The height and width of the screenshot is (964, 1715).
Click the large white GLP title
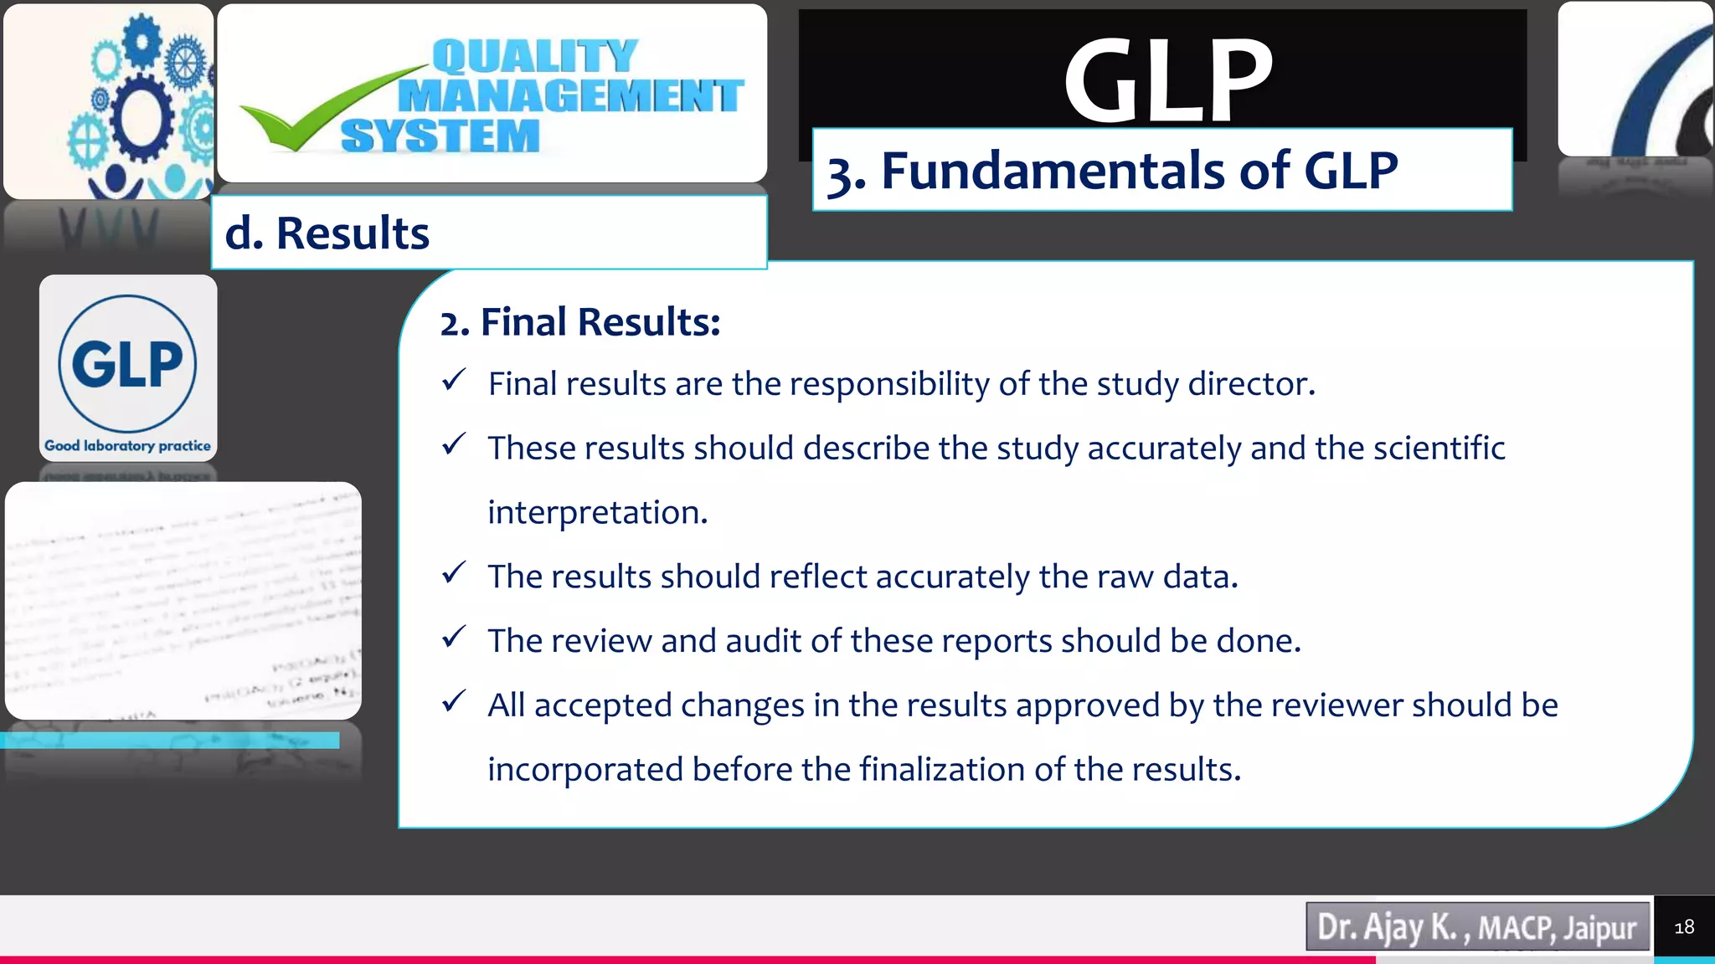coord(1167,81)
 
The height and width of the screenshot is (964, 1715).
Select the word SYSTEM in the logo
coord(440,136)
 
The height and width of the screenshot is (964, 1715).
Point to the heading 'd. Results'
coord(327,233)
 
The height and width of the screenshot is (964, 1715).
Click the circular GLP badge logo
coord(127,363)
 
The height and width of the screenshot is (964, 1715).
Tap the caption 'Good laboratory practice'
coord(127,446)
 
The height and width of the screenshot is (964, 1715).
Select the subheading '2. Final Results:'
coord(580,322)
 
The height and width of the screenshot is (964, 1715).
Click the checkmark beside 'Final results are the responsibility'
coord(454,381)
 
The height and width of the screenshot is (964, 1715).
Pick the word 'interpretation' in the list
coord(596,512)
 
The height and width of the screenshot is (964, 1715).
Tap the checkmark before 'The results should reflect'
coord(454,573)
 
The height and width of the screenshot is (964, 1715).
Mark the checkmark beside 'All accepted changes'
coord(454,701)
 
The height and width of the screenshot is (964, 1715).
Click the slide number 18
coord(1684,927)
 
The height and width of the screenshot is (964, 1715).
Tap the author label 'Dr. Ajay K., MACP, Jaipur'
coord(1477,927)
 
